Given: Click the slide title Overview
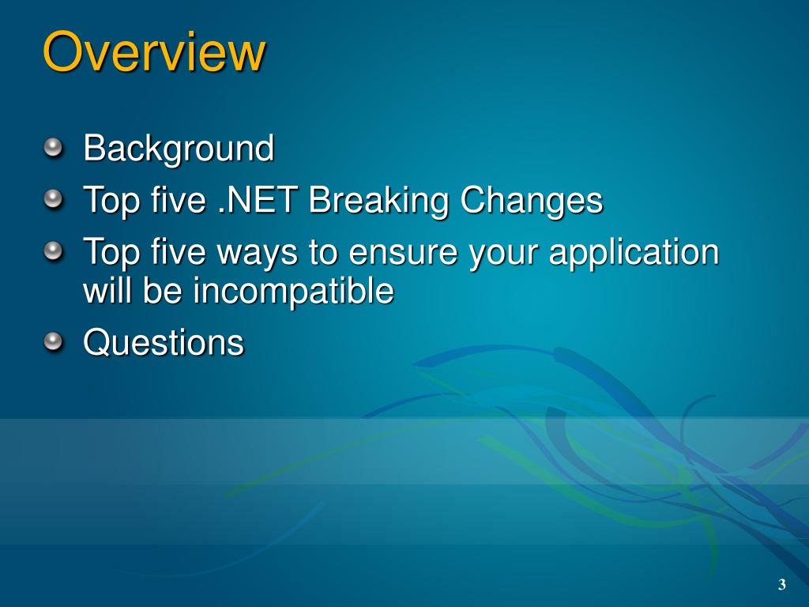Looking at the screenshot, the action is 154,51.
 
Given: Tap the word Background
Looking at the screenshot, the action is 179,149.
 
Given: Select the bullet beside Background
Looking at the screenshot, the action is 53,148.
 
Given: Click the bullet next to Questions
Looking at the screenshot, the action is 53,341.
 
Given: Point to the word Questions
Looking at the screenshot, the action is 164,343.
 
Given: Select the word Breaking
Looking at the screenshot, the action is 378,201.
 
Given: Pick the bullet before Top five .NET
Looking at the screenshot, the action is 53,199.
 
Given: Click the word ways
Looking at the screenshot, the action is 258,254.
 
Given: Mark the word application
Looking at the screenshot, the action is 634,253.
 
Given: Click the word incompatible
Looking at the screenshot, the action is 294,291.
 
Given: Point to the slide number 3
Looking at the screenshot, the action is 782,584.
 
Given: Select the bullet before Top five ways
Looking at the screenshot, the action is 53,251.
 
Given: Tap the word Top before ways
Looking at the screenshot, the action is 111,253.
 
